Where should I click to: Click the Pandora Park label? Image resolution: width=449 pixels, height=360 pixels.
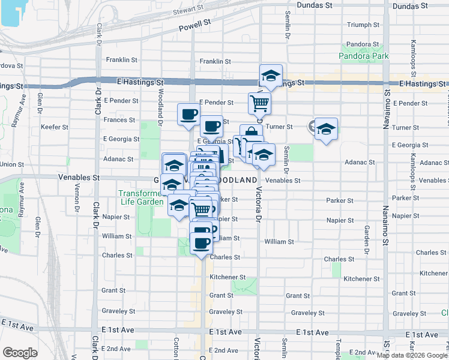pos(364,56)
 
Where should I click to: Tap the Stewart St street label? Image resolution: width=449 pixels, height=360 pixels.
pos(188,10)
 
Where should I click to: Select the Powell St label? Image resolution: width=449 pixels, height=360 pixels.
pos(198,25)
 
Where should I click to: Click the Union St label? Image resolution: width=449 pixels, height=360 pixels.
pos(12,164)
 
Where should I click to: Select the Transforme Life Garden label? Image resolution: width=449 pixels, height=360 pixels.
pos(141,197)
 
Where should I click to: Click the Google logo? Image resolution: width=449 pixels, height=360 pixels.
pos(20,353)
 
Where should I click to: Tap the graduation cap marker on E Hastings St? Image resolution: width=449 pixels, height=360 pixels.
pos(271,76)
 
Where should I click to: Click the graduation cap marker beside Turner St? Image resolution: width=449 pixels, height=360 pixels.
pos(326,129)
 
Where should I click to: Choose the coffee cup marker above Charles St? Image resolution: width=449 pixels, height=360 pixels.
pos(201,243)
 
